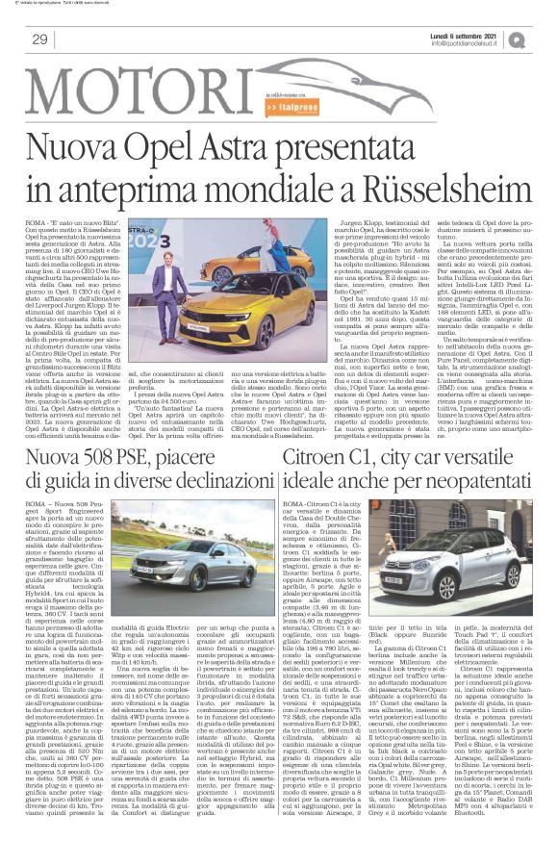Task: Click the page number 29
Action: (x=39, y=38)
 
